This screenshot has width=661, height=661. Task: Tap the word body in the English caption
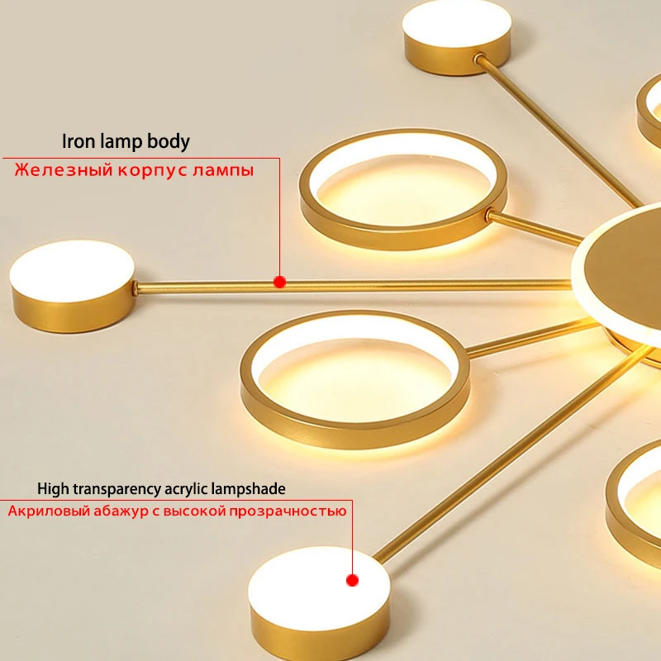coord(169,141)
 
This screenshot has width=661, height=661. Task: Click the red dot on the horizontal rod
coord(279,282)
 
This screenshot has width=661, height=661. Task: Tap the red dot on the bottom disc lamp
coord(352,581)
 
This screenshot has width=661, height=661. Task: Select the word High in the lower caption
coord(53,489)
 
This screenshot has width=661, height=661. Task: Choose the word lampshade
coord(252,489)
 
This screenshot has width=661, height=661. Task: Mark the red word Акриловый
coord(48,511)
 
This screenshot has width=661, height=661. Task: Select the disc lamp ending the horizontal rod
coord(72,274)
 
